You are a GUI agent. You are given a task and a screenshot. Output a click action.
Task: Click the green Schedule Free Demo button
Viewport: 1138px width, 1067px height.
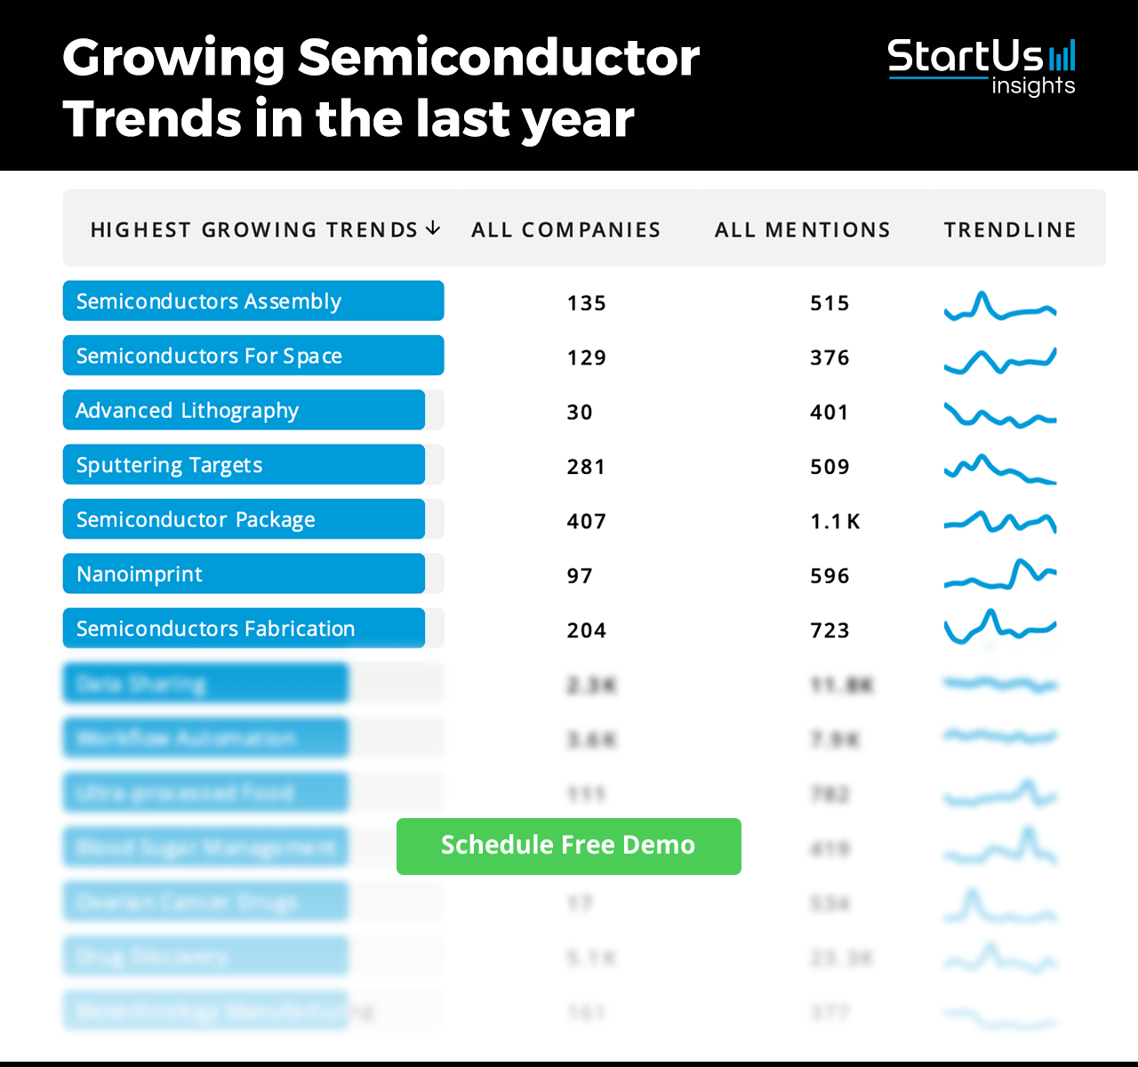[x=568, y=846]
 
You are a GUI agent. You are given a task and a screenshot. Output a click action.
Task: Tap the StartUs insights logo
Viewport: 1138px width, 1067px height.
[x=981, y=66]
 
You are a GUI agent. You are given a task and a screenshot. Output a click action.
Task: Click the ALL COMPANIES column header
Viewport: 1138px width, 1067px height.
[x=565, y=230]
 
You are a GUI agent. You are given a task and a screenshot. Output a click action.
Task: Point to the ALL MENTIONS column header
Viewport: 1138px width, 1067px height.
[x=802, y=230]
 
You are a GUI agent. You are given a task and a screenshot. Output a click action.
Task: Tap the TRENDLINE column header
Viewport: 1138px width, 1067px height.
[x=1010, y=230]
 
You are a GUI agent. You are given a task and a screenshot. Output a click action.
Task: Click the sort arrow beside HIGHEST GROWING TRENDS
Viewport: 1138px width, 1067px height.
[x=433, y=229]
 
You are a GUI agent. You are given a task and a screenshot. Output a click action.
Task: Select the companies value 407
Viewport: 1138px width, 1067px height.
[x=586, y=521]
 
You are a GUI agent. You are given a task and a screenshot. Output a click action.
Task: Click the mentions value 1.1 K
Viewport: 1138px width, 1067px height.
[x=835, y=521]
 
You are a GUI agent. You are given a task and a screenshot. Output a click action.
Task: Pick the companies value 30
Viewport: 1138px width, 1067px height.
[x=580, y=413]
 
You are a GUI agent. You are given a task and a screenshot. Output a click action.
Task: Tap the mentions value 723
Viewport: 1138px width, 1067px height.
[x=829, y=630]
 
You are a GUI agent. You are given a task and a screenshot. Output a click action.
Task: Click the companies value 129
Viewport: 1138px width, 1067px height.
[x=586, y=357]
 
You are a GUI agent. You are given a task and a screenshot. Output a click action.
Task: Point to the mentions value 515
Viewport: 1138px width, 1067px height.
[x=829, y=303]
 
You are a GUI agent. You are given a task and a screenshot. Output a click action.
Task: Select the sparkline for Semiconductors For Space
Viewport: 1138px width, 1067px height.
[x=1000, y=360]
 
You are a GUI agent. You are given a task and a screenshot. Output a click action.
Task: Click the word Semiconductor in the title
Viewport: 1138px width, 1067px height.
[x=499, y=58]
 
